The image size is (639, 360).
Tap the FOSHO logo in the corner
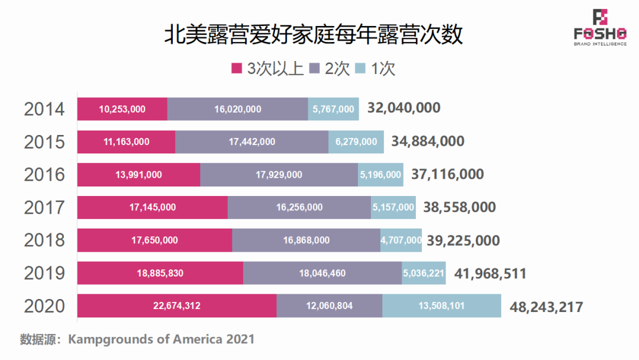tap(600, 27)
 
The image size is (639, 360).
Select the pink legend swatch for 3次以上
tap(237, 68)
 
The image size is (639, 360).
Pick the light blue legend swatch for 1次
tap(360, 68)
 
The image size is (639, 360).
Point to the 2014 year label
tap(44, 109)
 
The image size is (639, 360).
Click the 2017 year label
tap(44, 207)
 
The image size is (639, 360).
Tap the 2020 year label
tap(44, 306)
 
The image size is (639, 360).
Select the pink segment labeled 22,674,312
tap(176, 306)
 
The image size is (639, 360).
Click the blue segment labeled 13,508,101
tap(441, 306)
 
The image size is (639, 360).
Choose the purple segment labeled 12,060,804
tap(329, 306)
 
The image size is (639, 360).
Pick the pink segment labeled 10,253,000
tap(122, 109)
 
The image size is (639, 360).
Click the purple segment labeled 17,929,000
tap(279, 175)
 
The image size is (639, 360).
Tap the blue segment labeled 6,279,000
tap(356, 142)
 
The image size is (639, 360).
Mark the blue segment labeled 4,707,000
tap(401, 240)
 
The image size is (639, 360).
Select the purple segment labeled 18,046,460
tap(322, 273)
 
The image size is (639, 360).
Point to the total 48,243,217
tap(546, 307)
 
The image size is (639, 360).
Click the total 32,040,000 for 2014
tap(404, 108)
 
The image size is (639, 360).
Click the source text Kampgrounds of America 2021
tap(161, 339)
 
